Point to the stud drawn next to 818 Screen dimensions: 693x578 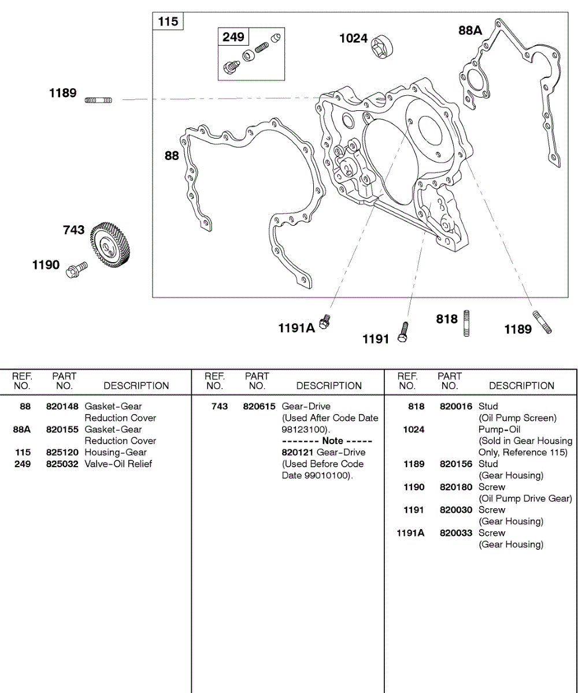click(466, 323)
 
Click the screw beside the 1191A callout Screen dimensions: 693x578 click(325, 322)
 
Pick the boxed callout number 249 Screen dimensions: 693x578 click(233, 37)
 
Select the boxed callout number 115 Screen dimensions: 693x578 click(168, 22)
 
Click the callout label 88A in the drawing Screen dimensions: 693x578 click(470, 31)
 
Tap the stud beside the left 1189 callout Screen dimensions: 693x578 click(98, 100)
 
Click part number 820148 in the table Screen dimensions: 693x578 click(62, 407)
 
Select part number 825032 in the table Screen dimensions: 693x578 click(62, 464)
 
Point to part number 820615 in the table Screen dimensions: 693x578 click(260, 407)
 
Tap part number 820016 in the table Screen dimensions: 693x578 click(456, 407)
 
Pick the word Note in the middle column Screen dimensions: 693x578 click(332, 441)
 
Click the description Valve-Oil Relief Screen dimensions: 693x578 click(118, 464)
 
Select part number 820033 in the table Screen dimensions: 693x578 click(456, 533)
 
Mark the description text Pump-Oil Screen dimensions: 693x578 click(499, 429)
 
